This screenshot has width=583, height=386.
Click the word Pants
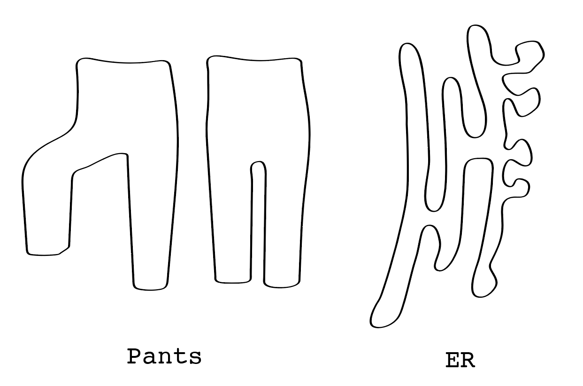tap(164, 357)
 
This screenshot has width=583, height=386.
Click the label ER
tap(460, 361)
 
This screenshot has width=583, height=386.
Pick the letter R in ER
tap(468, 361)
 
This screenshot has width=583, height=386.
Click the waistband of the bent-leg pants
tap(123, 62)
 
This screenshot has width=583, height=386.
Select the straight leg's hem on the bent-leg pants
tap(150, 287)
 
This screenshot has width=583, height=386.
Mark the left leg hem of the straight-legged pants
tap(233, 282)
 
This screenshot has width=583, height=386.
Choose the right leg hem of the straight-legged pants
tap(282, 285)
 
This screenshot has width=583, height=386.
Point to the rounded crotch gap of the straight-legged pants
tap(258, 163)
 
